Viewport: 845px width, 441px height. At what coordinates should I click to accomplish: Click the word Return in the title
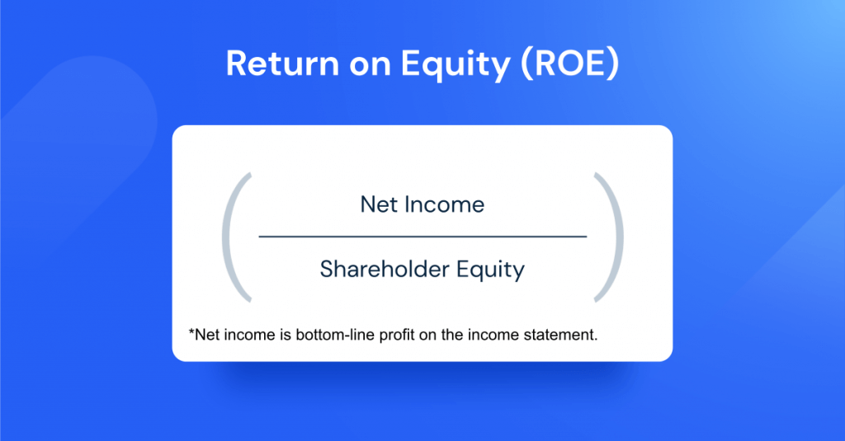coord(276,64)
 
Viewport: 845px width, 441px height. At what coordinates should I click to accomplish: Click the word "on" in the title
coord(359,64)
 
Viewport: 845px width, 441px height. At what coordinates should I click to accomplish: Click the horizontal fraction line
coord(422,237)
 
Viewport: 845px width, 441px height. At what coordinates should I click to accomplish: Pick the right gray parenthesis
coord(612,237)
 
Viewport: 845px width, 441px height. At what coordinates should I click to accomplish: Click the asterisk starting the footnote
coord(192,334)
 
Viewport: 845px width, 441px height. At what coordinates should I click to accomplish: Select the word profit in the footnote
coord(392,336)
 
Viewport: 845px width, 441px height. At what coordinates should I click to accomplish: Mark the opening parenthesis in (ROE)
coord(526,65)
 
